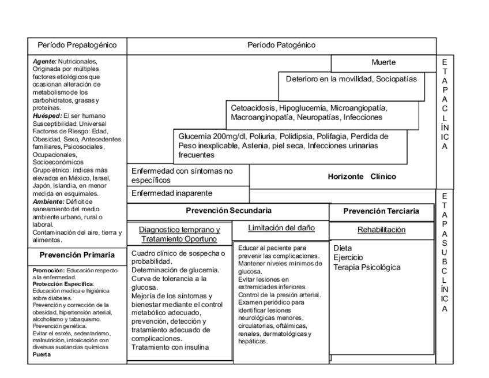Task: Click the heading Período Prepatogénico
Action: coord(77,45)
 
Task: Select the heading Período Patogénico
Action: coord(281,45)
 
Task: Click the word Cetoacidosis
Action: coord(253,108)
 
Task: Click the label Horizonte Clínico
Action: coord(362,177)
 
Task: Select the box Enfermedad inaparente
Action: coord(172,193)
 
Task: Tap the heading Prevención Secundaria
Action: coord(228,211)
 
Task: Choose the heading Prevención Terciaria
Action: coord(381,212)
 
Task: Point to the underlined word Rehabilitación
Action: coord(381,230)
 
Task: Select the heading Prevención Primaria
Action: coord(77,255)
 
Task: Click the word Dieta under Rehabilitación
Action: coord(343,248)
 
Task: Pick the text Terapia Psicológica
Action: coord(367,267)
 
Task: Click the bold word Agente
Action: coord(44,61)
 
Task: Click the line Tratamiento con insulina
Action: coord(171,347)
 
